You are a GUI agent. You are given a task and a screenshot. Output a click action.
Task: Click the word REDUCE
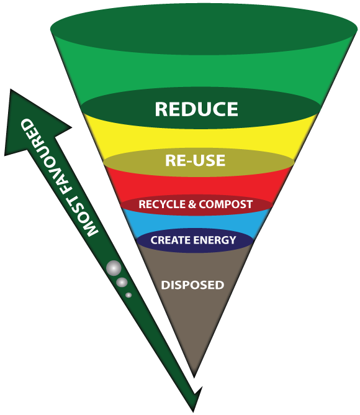[x=196, y=109]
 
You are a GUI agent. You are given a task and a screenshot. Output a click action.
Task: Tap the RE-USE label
[x=196, y=160]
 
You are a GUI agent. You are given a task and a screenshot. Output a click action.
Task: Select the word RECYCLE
[x=162, y=204]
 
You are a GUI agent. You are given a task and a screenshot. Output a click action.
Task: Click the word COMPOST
[x=226, y=204]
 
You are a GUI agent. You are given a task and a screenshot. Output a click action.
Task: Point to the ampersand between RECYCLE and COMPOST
[x=192, y=204]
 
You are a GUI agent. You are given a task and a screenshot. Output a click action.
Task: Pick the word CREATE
[x=171, y=240]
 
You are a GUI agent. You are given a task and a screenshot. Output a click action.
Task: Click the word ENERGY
[x=215, y=240]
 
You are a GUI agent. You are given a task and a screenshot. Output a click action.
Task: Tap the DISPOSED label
[x=192, y=285]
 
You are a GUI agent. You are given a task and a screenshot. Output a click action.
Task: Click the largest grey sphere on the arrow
[x=114, y=268]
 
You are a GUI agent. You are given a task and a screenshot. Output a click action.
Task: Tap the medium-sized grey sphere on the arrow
[x=122, y=282]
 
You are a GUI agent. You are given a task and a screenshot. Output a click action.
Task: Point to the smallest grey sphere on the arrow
[x=128, y=295]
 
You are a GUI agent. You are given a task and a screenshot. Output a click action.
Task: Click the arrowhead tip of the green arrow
[x=11, y=89]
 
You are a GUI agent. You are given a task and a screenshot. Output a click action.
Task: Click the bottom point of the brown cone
[x=194, y=377]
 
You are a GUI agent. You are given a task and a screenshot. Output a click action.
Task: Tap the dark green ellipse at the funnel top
[x=204, y=29]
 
